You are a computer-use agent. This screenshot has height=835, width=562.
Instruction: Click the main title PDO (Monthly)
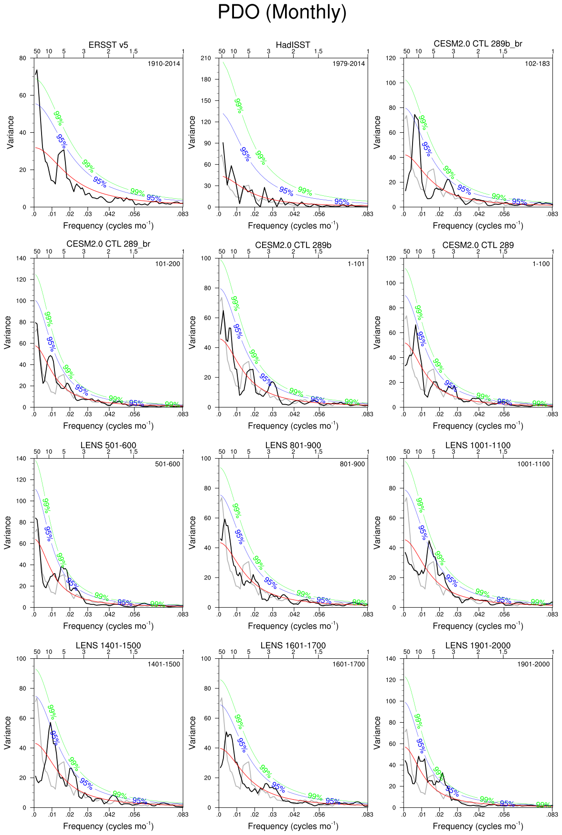tap(282, 12)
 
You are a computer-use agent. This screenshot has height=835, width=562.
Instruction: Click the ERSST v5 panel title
tap(108, 45)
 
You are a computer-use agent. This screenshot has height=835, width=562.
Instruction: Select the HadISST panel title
tap(293, 45)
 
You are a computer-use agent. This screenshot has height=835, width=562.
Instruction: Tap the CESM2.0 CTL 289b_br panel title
tap(478, 44)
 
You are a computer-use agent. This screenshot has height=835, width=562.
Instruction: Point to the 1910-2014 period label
tap(164, 64)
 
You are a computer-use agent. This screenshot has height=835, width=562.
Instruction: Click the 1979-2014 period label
tap(349, 64)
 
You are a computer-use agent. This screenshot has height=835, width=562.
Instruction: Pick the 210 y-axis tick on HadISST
tap(206, 58)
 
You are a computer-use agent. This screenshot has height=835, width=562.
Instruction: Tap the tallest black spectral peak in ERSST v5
tap(37, 70)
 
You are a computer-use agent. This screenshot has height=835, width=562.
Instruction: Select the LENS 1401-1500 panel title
tap(108, 645)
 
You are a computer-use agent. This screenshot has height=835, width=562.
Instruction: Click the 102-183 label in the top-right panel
tap(537, 64)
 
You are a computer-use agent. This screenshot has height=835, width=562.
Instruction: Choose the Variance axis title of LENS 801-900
tap(192, 533)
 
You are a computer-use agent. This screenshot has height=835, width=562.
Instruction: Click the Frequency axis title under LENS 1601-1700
tap(293, 826)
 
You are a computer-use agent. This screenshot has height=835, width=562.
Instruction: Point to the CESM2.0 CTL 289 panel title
tap(478, 245)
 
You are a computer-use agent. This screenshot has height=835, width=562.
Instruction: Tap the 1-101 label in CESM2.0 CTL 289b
tap(356, 264)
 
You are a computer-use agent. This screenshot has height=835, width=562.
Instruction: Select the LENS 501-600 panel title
tap(108, 445)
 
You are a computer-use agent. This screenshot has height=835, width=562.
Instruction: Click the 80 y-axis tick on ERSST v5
tap(23, 58)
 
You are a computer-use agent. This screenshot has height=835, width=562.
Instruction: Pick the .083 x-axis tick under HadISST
tap(368, 214)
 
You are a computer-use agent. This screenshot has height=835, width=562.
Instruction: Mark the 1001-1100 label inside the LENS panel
tap(533, 464)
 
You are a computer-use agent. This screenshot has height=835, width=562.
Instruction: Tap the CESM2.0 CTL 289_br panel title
tap(108, 244)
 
